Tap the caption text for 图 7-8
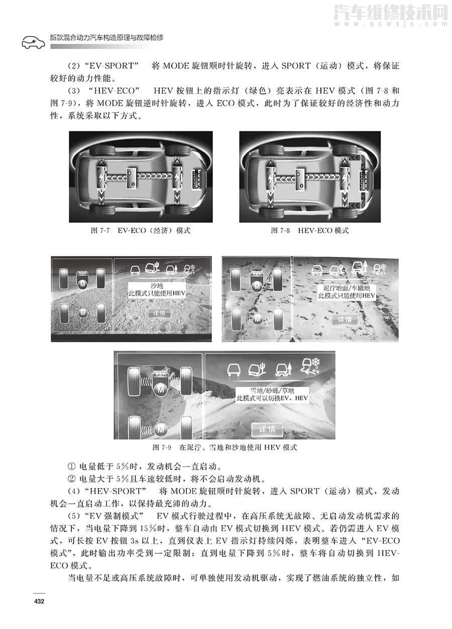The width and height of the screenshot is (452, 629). pyautogui.click(x=310, y=231)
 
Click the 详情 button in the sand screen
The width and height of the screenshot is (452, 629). pyautogui.click(x=159, y=314)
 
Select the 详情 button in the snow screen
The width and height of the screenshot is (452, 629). pyautogui.click(x=271, y=430)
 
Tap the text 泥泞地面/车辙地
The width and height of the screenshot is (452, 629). pyautogui.click(x=347, y=288)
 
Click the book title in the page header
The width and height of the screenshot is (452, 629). pyautogui.click(x=107, y=38)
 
